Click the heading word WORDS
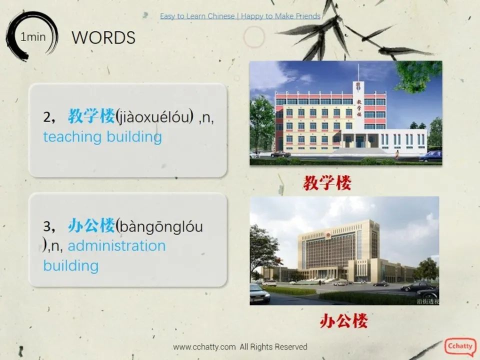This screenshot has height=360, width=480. click(x=103, y=37)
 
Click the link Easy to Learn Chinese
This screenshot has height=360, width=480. click(x=197, y=16)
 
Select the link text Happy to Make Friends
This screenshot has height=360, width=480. click(x=280, y=16)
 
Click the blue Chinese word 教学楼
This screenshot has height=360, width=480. click(x=91, y=117)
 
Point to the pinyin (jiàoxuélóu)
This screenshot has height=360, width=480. click(x=154, y=117)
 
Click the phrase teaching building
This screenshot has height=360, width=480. click(x=102, y=136)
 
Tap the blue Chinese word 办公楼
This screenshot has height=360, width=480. click(x=91, y=226)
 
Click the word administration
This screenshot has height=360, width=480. click(x=116, y=245)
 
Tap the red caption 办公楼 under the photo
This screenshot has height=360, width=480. click(x=343, y=320)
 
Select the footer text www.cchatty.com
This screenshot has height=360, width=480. click(x=204, y=346)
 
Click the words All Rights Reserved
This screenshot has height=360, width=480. click(x=273, y=346)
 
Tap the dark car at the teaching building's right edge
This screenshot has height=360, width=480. click(x=430, y=156)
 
